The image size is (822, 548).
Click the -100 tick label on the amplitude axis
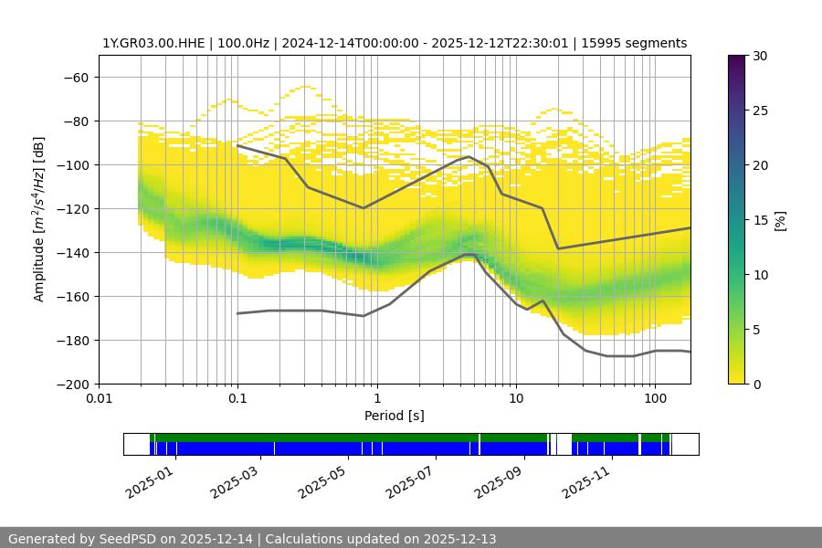click(74, 165)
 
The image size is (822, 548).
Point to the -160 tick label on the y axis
click(74, 297)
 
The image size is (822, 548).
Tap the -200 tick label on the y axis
click(74, 385)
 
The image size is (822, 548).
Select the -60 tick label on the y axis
click(78, 78)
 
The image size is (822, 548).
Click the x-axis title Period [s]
click(395, 416)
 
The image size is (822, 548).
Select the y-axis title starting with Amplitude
click(39, 219)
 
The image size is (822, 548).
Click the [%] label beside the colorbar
click(780, 220)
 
